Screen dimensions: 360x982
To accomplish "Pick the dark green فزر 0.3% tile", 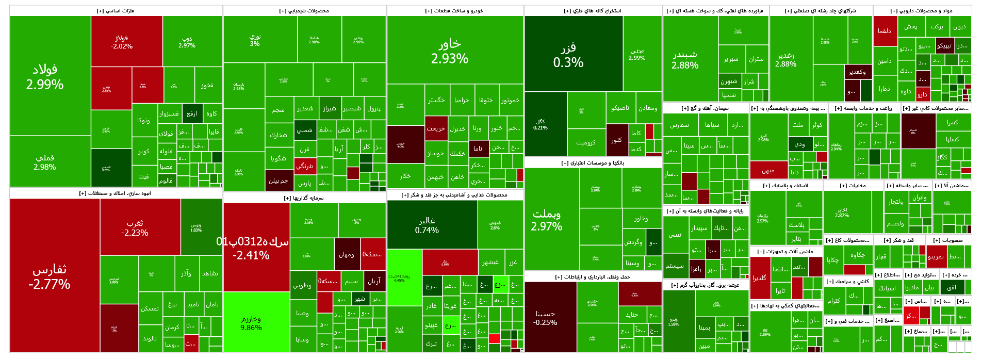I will [x=573, y=54].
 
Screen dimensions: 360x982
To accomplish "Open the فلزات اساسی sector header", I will [x=116, y=10].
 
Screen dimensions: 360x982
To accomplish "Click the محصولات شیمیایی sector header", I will [x=304, y=10].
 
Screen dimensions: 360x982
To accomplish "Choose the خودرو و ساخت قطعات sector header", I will [x=454, y=10].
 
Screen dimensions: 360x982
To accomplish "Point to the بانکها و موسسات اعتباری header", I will [x=593, y=162].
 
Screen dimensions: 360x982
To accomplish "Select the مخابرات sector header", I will [x=853, y=185].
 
